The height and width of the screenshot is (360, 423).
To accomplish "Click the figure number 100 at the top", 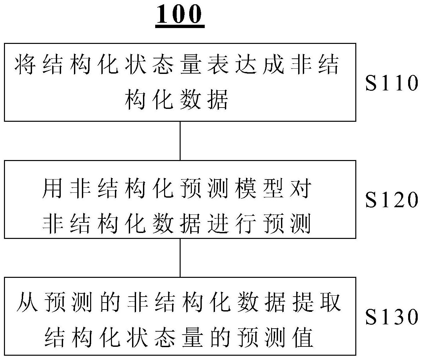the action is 180,14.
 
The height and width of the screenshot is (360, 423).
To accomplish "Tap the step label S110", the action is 392,82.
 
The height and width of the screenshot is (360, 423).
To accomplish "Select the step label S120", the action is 392,200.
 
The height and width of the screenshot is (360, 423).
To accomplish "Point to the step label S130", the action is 392,317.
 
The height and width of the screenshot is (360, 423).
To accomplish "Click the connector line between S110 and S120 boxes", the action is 180,141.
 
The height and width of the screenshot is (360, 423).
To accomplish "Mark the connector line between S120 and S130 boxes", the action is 180,258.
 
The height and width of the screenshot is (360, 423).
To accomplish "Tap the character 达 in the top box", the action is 246,64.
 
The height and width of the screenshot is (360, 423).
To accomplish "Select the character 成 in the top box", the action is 273,64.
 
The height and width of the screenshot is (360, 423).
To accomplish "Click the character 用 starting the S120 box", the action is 53,188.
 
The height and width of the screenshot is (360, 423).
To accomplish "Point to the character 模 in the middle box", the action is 246,188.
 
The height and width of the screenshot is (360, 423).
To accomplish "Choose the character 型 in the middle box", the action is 273,188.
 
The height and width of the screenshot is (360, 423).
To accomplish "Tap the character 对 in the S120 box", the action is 301,188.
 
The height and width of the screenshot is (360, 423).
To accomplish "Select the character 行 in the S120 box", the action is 246,223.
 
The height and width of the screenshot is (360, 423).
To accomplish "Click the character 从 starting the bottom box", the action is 27,302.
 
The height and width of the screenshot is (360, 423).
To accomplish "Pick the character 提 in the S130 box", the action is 303,302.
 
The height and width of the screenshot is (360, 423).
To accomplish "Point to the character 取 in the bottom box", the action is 331,302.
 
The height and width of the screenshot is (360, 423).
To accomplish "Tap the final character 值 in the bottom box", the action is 303,337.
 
